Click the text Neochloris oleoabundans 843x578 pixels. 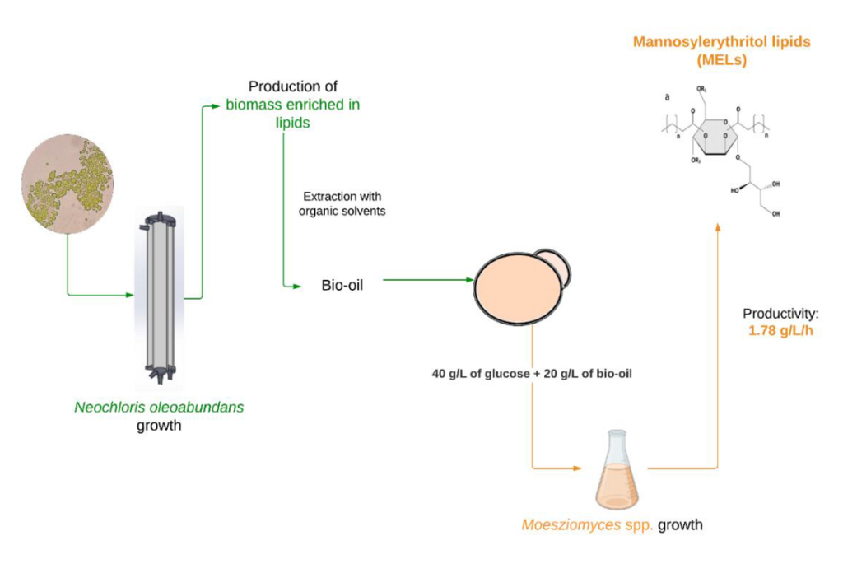159,407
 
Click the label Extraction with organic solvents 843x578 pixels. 342,203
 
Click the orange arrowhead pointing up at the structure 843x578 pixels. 719,226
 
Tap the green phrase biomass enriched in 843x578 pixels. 293,105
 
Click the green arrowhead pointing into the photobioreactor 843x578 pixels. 129,294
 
